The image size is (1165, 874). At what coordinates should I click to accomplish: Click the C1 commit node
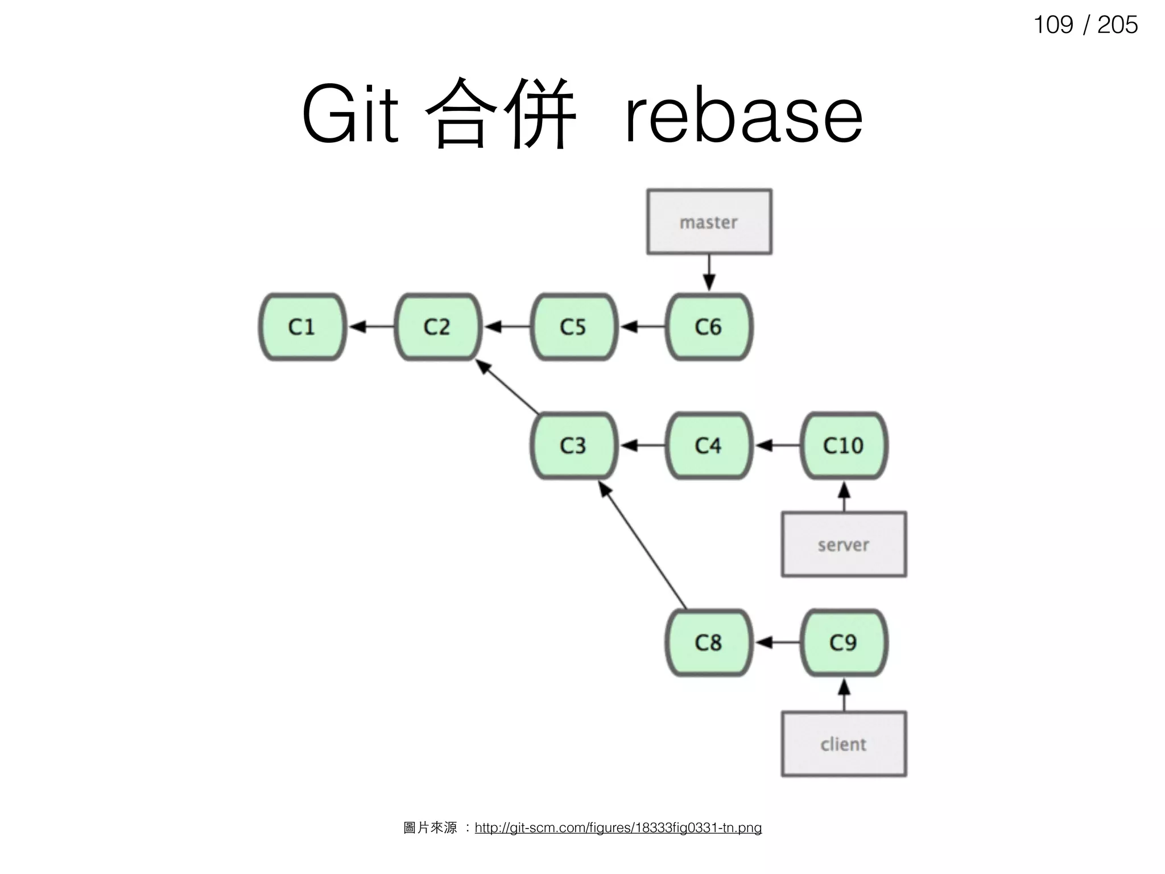pos(302,327)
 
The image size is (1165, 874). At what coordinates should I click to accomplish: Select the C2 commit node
pos(437,327)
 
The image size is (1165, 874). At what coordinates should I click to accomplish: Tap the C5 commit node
pos(573,327)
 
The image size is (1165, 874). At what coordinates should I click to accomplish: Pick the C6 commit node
pos(708,327)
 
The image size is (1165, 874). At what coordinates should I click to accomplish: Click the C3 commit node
pos(573,446)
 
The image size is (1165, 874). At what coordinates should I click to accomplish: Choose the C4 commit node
pos(708,446)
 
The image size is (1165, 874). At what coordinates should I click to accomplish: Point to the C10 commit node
pos(844,446)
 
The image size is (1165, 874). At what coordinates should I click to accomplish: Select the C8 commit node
pos(708,643)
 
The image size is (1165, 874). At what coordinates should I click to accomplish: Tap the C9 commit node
pos(844,643)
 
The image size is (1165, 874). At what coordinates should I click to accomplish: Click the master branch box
pos(709,222)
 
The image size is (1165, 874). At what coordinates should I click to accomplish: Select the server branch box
pos(844,545)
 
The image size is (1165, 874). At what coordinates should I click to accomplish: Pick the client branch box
pos(844,744)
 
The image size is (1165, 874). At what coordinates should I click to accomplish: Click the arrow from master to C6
pos(709,273)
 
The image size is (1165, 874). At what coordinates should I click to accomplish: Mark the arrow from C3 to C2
pos(507,387)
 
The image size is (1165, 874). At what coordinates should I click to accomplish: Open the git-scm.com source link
pos(618,828)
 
